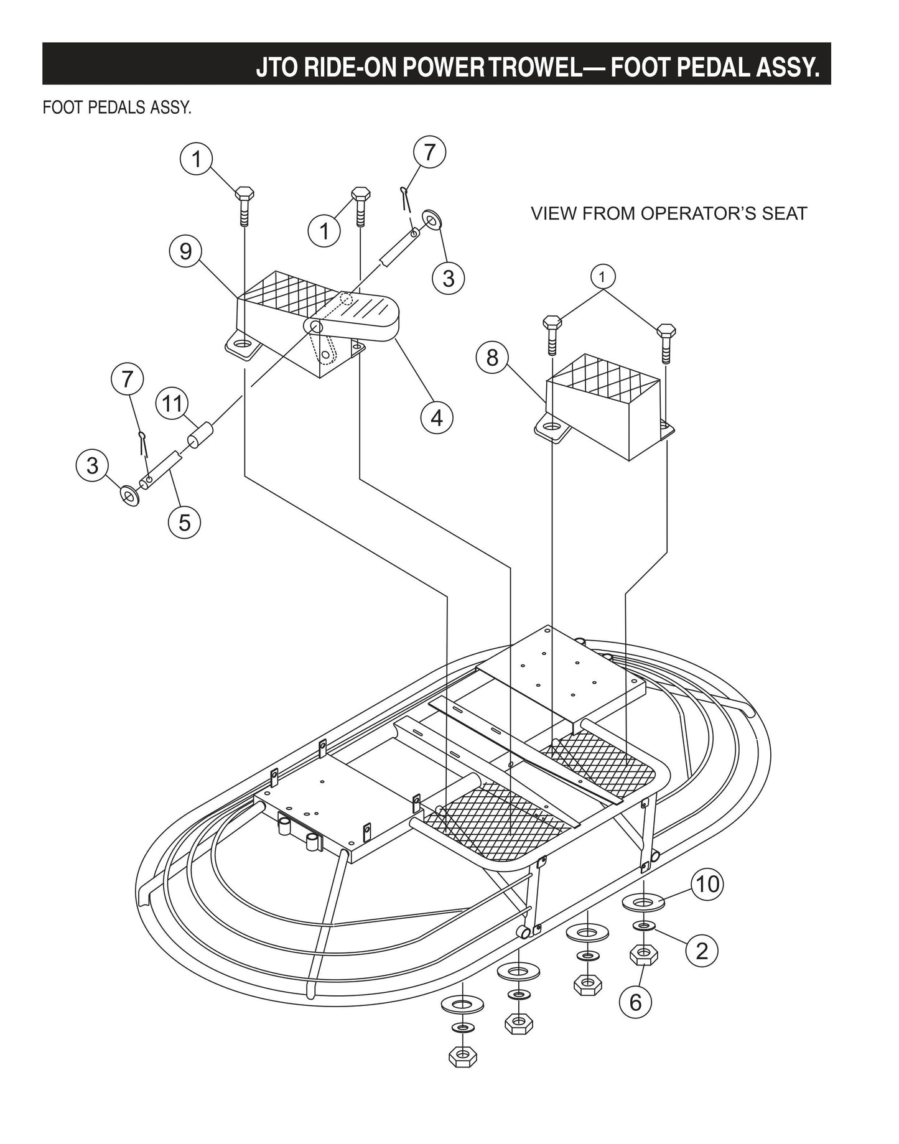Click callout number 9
[185, 251]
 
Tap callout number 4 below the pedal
[437, 417]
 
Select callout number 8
[492, 358]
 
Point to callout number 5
[185, 522]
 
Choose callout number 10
[707, 884]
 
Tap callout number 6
[635, 1002]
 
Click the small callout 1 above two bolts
[602, 276]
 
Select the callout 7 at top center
[431, 152]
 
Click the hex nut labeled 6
[644, 954]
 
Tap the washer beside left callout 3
[129, 496]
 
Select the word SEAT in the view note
[785, 213]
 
